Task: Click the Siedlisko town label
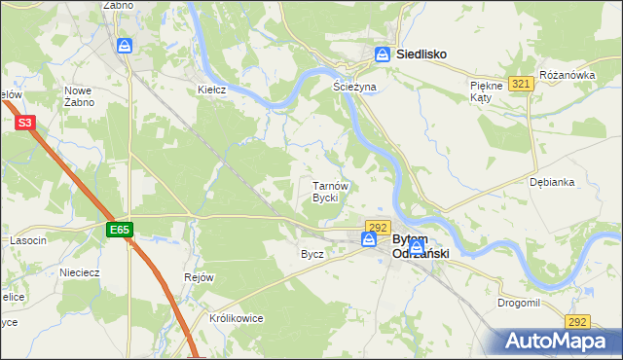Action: pos(421,55)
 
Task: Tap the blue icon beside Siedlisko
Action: pos(384,55)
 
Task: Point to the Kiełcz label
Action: pos(212,90)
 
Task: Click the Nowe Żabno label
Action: pos(79,95)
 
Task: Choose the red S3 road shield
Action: pos(25,123)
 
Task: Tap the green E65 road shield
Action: pos(120,230)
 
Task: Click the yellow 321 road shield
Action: pos(521,85)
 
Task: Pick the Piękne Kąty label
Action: pos(486,92)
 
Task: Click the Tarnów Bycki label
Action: pos(325,191)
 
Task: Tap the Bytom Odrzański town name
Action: pos(421,246)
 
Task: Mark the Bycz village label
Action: pos(312,253)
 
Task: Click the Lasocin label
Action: pos(28,240)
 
